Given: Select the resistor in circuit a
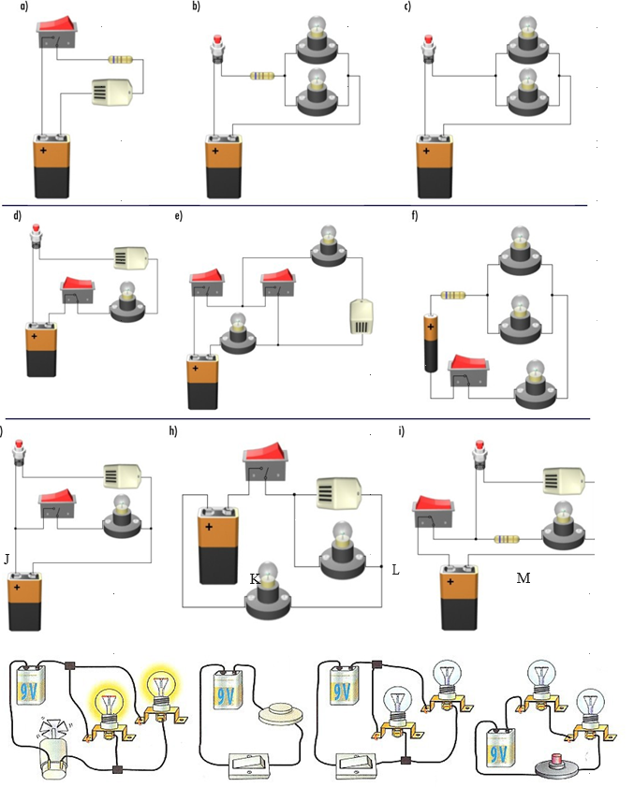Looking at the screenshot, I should (121, 60).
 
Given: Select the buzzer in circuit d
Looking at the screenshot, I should (132, 256).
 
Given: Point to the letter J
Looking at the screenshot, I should (7, 559).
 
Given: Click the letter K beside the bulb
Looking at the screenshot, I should (254, 580).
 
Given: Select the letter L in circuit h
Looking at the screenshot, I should (395, 569).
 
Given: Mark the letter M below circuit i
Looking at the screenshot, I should (523, 578).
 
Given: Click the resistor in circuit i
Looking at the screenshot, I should (507, 539).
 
